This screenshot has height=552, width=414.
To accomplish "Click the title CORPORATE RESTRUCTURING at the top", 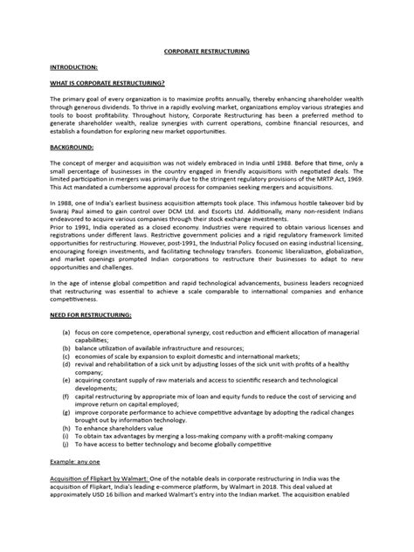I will point(207,52).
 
